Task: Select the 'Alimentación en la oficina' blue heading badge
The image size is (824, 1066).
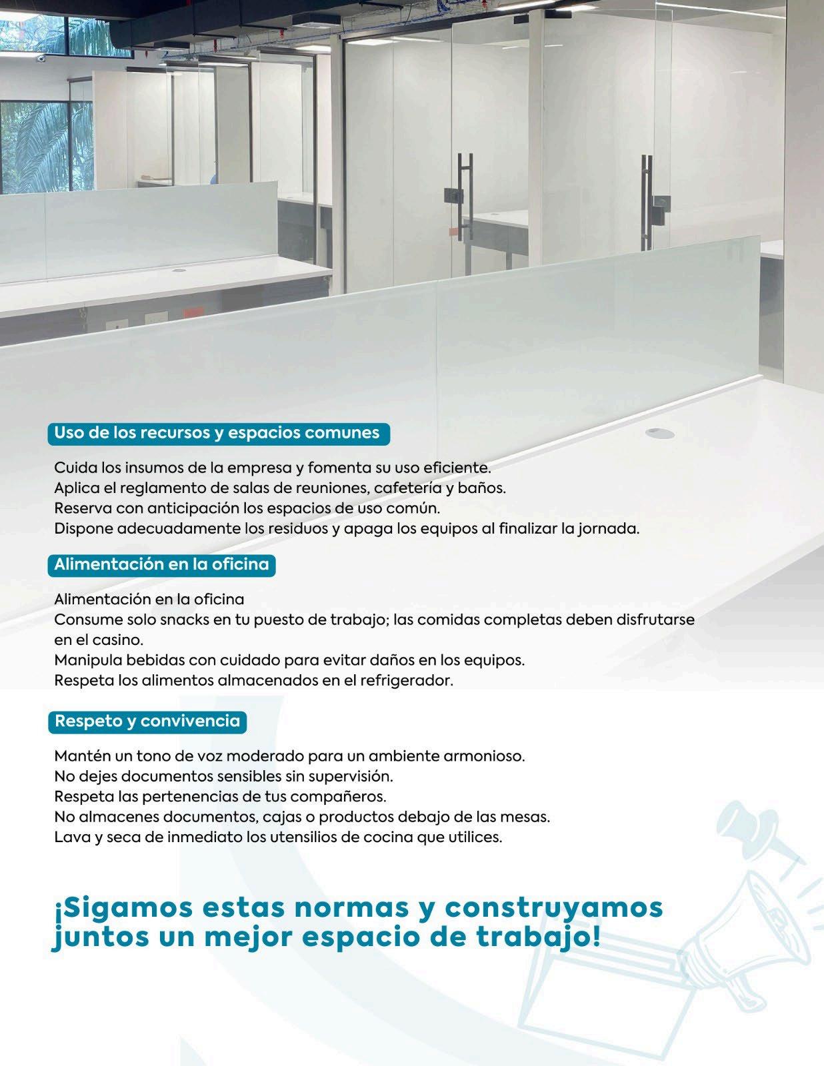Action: click(161, 565)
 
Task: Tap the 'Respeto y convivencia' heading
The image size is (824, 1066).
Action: click(147, 722)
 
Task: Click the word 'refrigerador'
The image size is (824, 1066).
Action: click(406, 681)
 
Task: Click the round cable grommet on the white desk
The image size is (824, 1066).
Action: click(659, 434)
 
